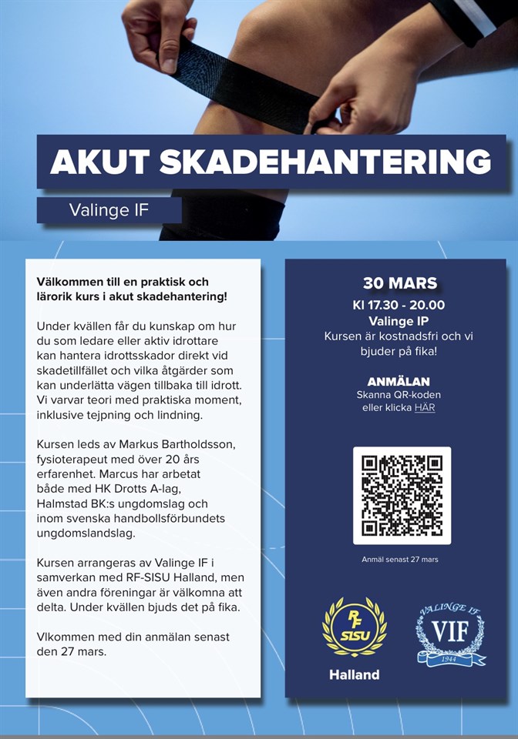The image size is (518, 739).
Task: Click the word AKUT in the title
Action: pyautogui.click(x=98, y=162)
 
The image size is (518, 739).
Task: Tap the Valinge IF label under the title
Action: pyautogui.click(x=109, y=210)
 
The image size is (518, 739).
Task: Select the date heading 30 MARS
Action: pyautogui.click(x=399, y=283)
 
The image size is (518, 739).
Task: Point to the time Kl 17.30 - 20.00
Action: pyautogui.click(x=399, y=305)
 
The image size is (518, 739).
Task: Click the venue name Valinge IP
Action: pyautogui.click(x=399, y=321)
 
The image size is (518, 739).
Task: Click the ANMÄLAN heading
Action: pyautogui.click(x=399, y=382)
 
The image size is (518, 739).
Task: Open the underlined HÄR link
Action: pyautogui.click(x=425, y=408)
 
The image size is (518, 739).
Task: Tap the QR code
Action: pyautogui.click(x=402, y=496)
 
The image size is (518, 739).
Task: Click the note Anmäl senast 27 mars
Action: pyautogui.click(x=399, y=560)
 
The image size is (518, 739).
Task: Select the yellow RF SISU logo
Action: pyautogui.click(x=354, y=627)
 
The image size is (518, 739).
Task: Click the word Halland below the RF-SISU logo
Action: pyautogui.click(x=354, y=674)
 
